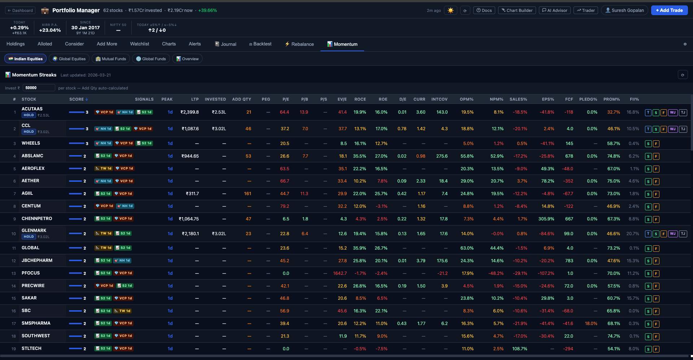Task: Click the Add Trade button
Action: tap(669, 10)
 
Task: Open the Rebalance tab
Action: tap(299, 44)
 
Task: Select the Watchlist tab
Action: tap(139, 44)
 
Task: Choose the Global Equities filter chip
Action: tap(69, 59)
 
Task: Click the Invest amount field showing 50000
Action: tap(39, 88)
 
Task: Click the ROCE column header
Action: tap(360, 99)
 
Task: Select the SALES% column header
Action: tap(518, 99)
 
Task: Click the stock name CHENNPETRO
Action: tap(37, 219)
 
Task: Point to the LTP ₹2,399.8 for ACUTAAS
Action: tap(189, 112)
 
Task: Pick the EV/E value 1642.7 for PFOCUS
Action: tap(340, 273)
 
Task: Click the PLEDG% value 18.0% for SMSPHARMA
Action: tap(591, 324)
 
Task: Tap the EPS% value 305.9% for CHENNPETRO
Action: tap(546, 219)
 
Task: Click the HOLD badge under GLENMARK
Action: tap(29, 237)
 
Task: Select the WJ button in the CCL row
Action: tap(673, 129)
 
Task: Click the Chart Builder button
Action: tap(517, 10)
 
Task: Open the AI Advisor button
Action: tap(555, 10)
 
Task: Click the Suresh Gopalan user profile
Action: tap(624, 10)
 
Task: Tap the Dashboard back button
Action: tap(20, 10)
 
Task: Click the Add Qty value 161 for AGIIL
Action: tap(248, 194)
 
